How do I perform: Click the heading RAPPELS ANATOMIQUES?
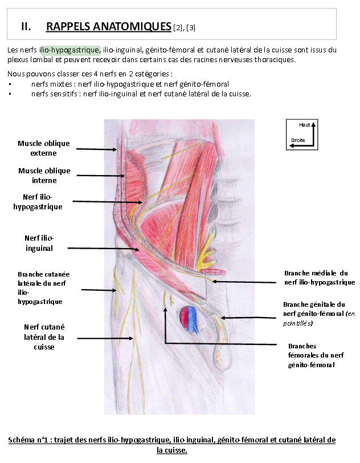(x=108, y=26)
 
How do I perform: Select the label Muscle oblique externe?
(x=44, y=148)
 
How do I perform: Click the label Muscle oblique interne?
(x=44, y=175)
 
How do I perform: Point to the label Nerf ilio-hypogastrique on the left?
(x=38, y=202)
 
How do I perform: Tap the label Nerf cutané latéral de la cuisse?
(x=44, y=336)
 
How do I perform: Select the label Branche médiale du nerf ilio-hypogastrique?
(x=319, y=278)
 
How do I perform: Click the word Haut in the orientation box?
(x=304, y=125)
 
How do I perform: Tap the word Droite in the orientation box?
(x=298, y=140)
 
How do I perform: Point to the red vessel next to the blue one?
(x=185, y=319)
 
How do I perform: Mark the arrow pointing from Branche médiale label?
(x=245, y=281)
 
